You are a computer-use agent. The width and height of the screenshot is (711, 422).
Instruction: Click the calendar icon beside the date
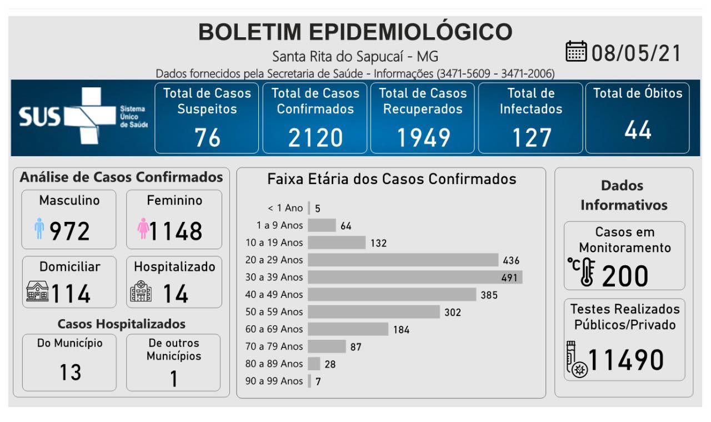(x=576, y=53)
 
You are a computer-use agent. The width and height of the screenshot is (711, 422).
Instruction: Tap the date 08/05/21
(x=637, y=53)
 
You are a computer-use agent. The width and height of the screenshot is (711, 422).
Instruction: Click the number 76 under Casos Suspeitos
(x=207, y=137)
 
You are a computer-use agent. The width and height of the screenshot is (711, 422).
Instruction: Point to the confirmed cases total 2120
(x=315, y=137)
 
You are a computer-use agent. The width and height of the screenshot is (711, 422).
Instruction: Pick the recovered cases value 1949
(x=423, y=137)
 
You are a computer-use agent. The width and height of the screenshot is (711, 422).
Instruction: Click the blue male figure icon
(x=39, y=229)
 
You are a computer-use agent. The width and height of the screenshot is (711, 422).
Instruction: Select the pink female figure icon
(x=143, y=229)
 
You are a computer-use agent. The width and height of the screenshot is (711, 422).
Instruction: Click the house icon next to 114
(x=38, y=292)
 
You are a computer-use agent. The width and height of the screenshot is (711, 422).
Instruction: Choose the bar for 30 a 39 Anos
(x=415, y=277)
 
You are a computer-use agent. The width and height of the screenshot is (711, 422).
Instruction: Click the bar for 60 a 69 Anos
(x=348, y=329)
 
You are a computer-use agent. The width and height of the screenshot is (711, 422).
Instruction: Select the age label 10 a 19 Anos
(x=274, y=242)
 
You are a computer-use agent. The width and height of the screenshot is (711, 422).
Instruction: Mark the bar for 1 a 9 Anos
(x=322, y=225)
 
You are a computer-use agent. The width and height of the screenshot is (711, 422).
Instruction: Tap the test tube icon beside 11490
(x=575, y=360)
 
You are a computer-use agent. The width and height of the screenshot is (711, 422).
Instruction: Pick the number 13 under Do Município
(x=71, y=372)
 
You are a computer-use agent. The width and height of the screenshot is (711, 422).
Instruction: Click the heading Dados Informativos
(x=624, y=195)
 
